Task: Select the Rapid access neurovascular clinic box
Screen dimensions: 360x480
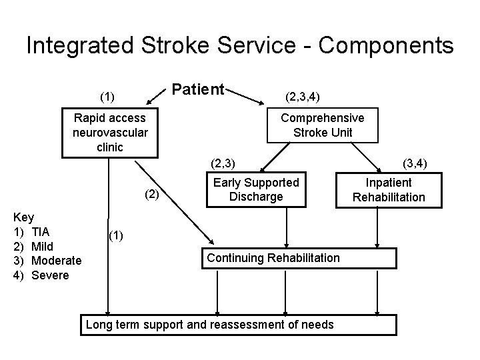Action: [x=110, y=132]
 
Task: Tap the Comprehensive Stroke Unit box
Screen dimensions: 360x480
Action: [x=323, y=125]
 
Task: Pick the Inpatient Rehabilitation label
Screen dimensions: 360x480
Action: [x=389, y=189]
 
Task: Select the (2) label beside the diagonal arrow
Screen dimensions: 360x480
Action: [x=153, y=194]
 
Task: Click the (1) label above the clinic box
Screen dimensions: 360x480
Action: [x=107, y=97]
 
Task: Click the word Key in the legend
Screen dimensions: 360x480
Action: [x=24, y=217]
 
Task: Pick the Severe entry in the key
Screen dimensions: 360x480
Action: [x=50, y=275]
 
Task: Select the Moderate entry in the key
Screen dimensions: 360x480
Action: [x=57, y=260]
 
